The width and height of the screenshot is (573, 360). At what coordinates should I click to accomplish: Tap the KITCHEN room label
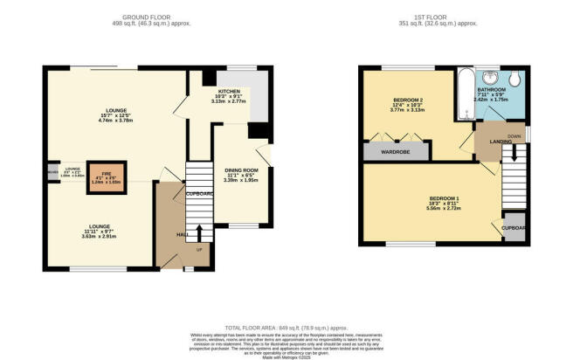point(229,93)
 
